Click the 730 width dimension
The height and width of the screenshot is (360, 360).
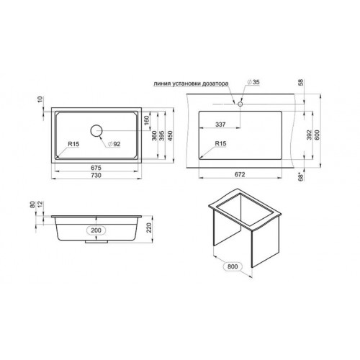tap(96, 175)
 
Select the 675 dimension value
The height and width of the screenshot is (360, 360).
tap(96, 168)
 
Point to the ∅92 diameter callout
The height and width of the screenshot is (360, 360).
tap(114, 144)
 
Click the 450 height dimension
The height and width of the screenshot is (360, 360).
tap(170, 135)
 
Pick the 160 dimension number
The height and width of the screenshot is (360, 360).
tap(147, 120)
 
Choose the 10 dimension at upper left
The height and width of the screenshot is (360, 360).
tap(40, 99)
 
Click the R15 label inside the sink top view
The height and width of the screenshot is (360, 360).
tap(73, 144)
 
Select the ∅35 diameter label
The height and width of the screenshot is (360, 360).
tap(253, 82)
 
